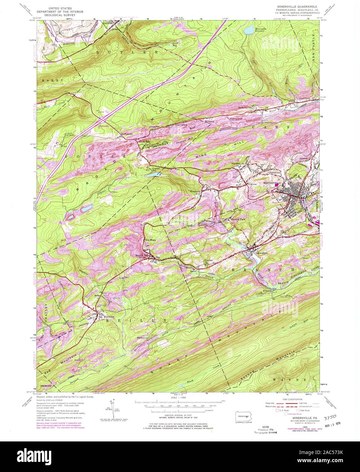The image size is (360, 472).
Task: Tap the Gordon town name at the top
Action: pyautogui.click(x=107, y=23)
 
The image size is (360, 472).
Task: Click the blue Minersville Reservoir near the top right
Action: pyautogui.click(x=249, y=31)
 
